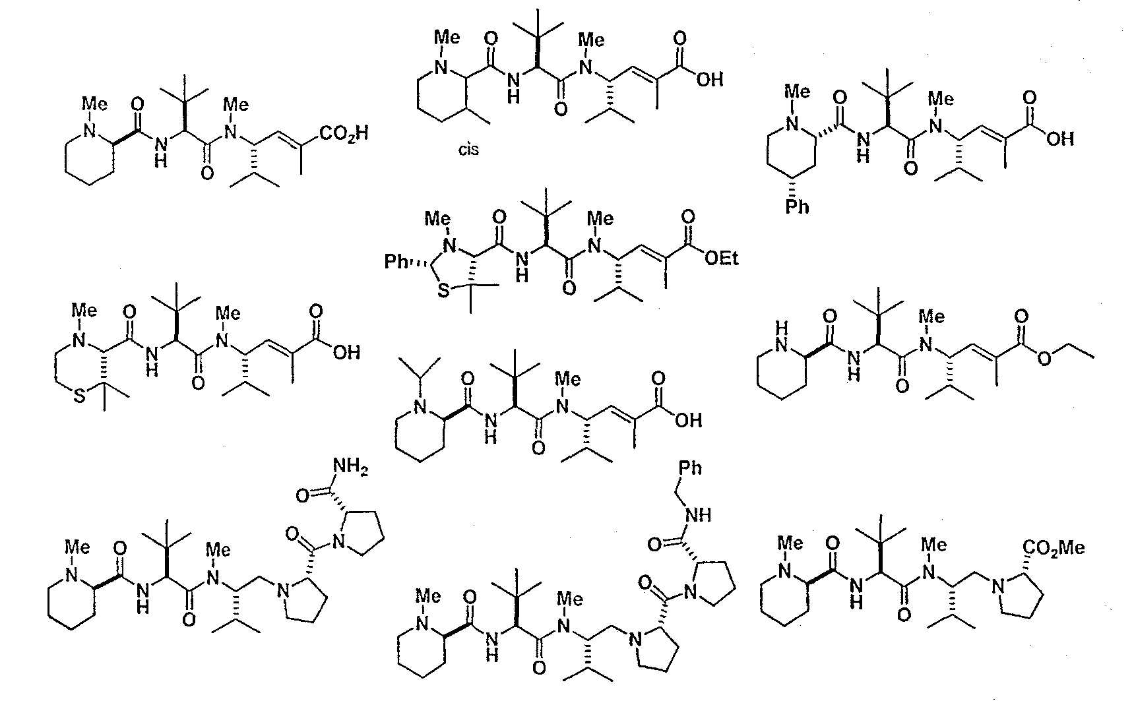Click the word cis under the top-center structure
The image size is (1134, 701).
tap(468, 149)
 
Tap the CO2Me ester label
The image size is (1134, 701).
tap(1054, 548)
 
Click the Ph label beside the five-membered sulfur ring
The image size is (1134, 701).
tap(397, 262)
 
